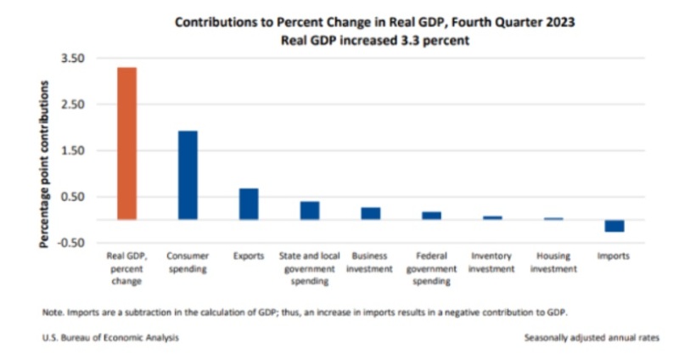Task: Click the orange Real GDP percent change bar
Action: (x=126, y=143)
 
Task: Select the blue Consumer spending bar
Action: (x=188, y=175)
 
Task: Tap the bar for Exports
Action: (x=249, y=204)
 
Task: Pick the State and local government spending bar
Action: (x=310, y=211)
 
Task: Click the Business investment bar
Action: (x=371, y=213)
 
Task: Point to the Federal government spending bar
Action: (x=431, y=216)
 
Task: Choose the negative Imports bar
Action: (x=614, y=226)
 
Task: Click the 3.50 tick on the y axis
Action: (x=73, y=59)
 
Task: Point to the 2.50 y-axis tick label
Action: (x=73, y=104)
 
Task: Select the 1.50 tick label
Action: (x=73, y=151)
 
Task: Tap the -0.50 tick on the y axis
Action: (x=71, y=243)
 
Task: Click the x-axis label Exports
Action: (x=249, y=256)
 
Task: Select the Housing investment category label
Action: (x=553, y=262)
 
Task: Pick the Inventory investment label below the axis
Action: (x=492, y=262)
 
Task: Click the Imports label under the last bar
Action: (x=614, y=256)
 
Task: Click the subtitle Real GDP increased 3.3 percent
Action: (x=374, y=39)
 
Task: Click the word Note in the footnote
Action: (x=51, y=312)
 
